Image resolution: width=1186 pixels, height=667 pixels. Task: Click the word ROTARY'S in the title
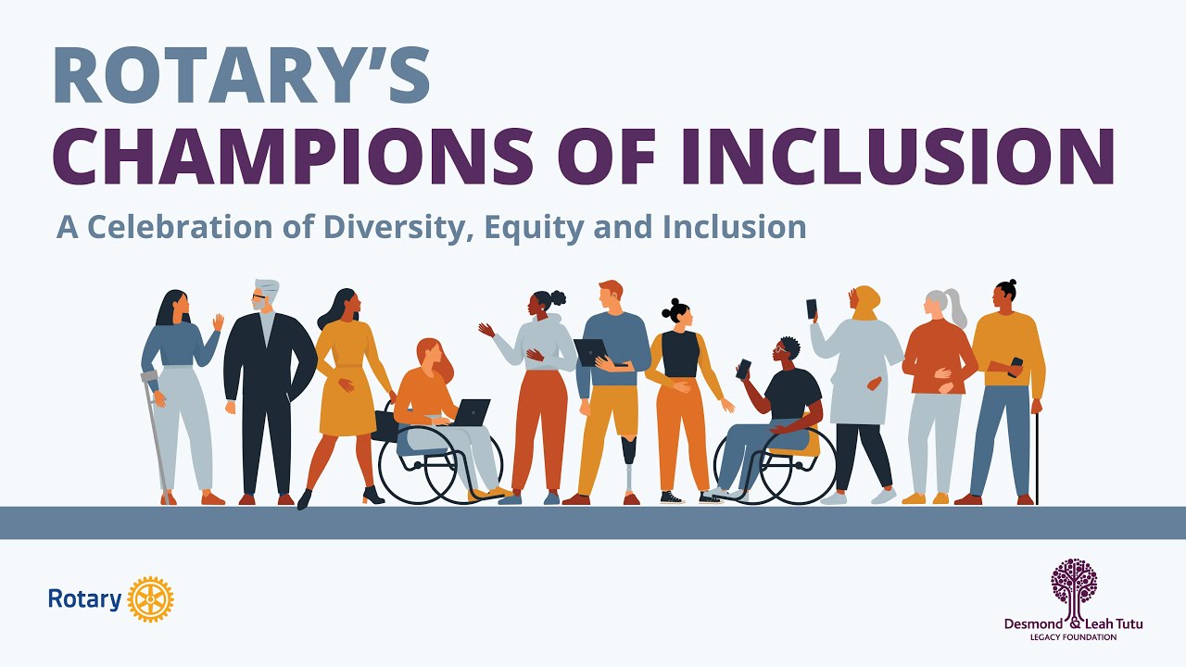click(242, 74)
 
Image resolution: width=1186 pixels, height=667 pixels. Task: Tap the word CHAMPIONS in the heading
click(292, 156)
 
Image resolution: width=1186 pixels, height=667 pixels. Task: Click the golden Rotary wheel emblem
click(150, 599)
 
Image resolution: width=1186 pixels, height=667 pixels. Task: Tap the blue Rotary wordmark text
click(84, 599)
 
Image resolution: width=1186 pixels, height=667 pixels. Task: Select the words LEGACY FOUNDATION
click(1073, 636)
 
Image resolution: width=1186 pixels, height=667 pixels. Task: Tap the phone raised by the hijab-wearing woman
click(812, 309)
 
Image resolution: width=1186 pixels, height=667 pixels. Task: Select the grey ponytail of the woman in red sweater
click(954, 307)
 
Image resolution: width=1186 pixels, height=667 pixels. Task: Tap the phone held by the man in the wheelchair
click(743, 369)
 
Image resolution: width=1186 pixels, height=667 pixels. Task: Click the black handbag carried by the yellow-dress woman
click(385, 425)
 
